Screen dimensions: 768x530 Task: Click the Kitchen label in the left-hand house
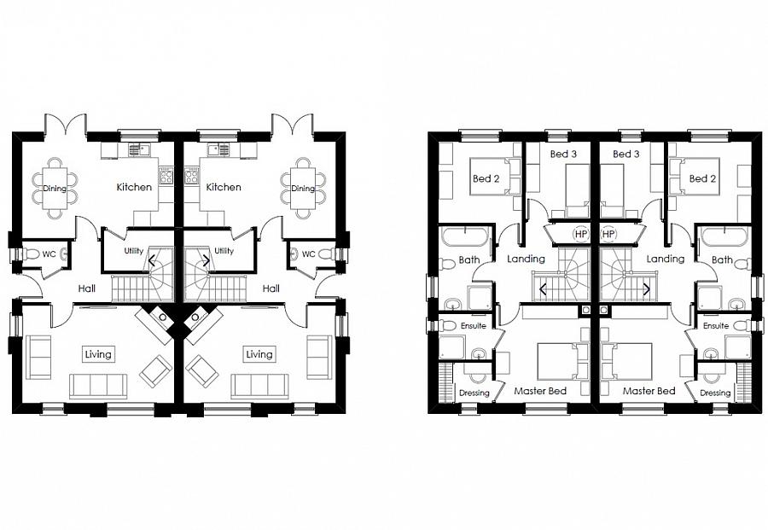point(134,187)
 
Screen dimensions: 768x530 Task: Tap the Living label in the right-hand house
point(259,354)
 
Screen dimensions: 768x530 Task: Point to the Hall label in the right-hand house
point(271,288)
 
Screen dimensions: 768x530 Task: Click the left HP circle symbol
point(581,234)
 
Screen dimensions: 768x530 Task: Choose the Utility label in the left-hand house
point(133,251)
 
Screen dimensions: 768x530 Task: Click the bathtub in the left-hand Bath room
point(465,237)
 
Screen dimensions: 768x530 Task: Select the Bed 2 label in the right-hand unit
point(702,178)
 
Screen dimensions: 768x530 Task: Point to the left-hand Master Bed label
point(540,391)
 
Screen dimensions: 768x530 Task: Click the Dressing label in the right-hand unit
point(715,393)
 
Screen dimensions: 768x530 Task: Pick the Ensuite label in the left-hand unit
point(473,326)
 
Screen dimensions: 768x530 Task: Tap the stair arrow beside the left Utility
point(151,260)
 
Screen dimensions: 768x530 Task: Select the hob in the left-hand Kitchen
point(166,175)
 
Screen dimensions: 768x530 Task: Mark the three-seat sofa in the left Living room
point(98,387)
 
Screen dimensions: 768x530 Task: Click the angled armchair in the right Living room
point(201,370)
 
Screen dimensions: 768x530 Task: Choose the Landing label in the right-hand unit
point(665,258)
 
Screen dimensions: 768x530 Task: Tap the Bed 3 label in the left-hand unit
point(563,154)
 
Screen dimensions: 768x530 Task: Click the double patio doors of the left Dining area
point(66,125)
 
